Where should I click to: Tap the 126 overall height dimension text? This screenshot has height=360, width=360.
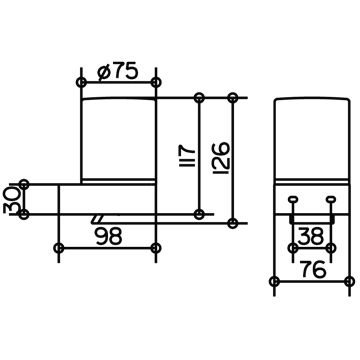pos(221,158)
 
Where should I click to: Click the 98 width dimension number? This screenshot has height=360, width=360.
pos(109,236)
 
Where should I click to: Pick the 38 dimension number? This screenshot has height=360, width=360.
pos(311,236)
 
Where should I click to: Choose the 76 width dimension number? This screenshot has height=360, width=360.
pos(312,269)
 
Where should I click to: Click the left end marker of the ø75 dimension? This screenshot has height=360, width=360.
pos(81,82)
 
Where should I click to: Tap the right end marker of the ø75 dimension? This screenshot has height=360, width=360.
pos(156,82)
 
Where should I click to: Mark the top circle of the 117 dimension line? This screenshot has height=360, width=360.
pos(199,98)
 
